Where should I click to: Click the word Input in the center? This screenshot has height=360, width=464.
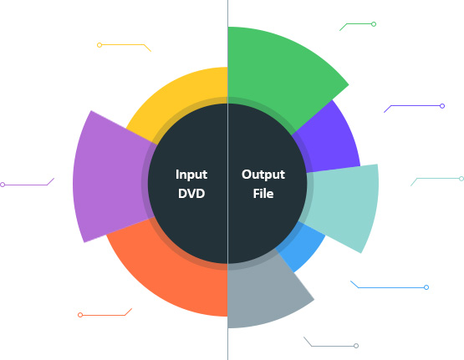191,175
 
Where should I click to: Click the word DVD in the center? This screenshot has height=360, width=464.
191,194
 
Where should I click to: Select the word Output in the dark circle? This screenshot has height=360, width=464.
263,175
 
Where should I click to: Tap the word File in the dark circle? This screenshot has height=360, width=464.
263,194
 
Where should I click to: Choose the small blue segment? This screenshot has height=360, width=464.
302,246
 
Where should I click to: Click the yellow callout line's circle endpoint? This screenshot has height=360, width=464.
99,45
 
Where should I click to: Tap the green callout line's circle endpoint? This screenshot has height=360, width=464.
374,24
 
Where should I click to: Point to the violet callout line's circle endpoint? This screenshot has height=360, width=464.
442,106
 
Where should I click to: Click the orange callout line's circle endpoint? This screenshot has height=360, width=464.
80,315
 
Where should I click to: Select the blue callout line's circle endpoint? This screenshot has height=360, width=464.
426,287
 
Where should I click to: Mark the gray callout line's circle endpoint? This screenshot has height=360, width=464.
356,346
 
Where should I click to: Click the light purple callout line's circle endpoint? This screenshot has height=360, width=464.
3,185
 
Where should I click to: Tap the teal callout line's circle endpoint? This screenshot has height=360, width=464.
461,179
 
